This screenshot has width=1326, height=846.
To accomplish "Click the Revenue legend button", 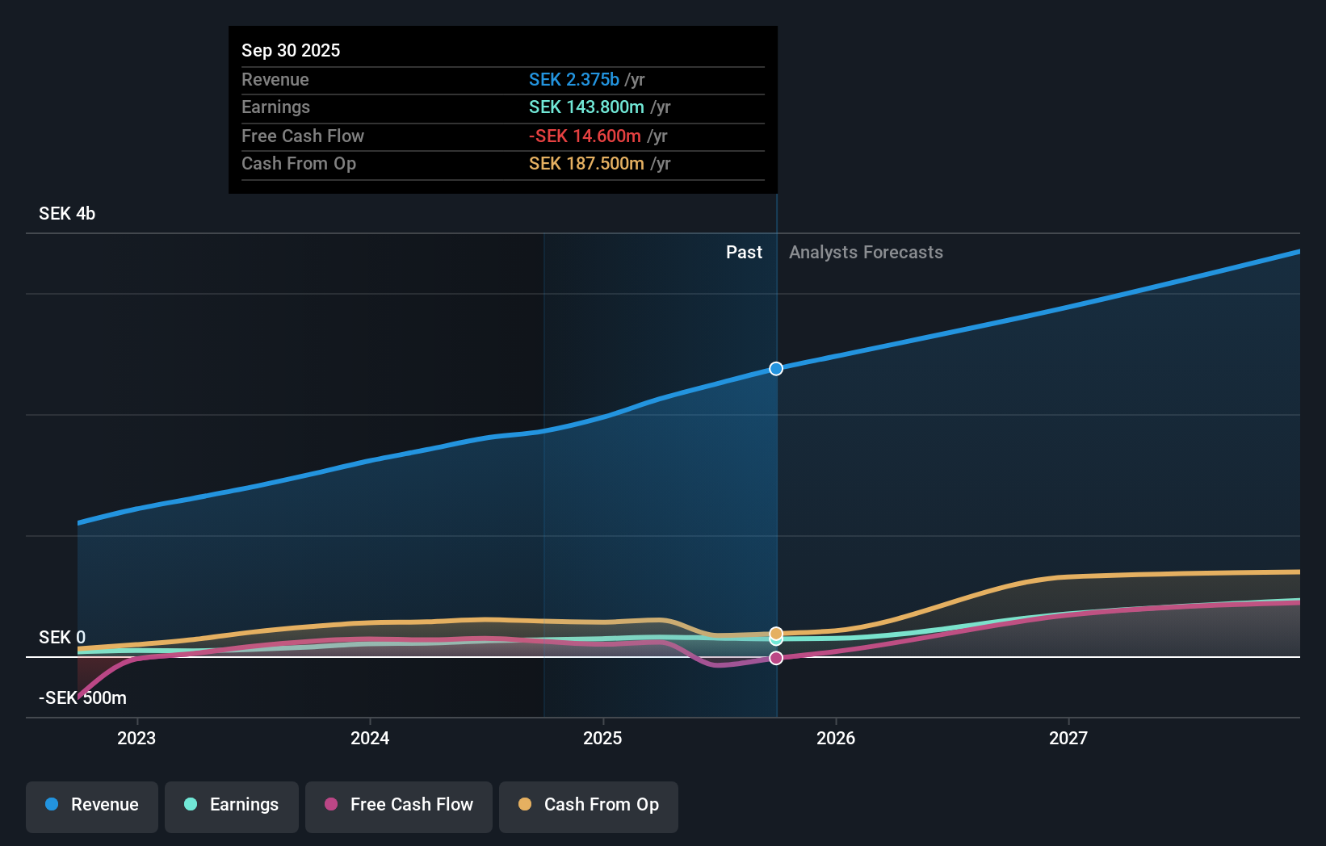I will pos(92,805).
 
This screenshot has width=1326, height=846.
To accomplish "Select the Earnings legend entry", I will pos(232,805).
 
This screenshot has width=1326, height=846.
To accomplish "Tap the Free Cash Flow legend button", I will pos(399,805).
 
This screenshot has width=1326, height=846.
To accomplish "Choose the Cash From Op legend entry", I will pos(589,805).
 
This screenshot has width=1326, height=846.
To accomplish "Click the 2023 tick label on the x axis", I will pos(136,738).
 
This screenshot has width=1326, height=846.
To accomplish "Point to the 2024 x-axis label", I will pos(370,738).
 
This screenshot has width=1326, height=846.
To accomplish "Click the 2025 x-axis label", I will pos(602,738).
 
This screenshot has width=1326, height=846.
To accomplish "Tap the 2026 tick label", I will pos(836,738).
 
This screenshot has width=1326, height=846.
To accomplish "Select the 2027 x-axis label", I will pos(1068,738).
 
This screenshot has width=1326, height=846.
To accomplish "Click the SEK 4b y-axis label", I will pos(67,213).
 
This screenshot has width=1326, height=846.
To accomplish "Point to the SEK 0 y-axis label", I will pos(62,637).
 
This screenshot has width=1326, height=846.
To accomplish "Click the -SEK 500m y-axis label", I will pos(82,697).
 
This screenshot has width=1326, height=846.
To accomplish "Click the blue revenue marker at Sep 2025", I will pos(776,369).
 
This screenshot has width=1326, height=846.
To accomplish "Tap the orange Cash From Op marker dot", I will pos(776,633).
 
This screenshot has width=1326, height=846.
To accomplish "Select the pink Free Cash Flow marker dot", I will pos(776,658).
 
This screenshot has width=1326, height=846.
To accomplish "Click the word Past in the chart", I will pos(744,253).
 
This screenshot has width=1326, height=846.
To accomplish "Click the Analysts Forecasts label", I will pos(866,253).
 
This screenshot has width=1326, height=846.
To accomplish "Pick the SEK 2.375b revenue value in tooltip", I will pos(573,79).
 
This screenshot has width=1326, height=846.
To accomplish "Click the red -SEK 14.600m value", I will pos(585,136).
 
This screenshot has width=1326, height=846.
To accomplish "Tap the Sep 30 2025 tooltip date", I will pos(291,50).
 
